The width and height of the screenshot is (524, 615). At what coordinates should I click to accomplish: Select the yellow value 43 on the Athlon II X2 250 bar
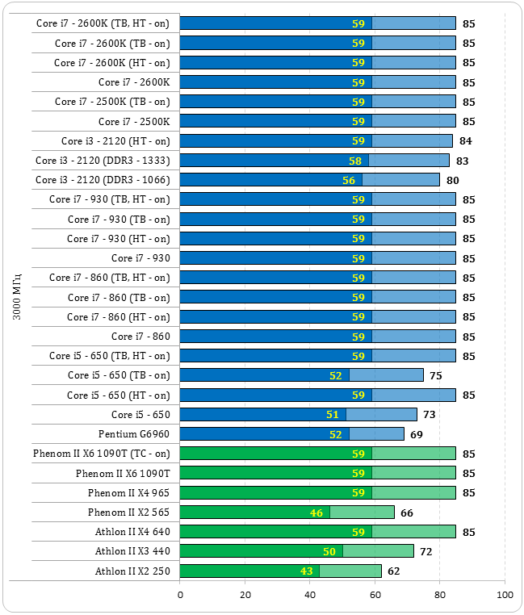[306, 571]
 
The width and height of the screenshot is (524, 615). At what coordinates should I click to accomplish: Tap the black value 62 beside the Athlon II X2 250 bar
[393, 571]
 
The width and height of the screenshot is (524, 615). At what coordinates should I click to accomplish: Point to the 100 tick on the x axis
[505, 596]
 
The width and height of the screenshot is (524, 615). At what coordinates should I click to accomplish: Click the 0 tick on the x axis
[180, 596]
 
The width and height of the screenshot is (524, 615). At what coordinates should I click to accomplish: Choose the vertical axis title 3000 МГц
[17, 296]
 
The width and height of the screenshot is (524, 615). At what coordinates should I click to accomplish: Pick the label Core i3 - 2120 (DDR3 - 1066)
[103, 179]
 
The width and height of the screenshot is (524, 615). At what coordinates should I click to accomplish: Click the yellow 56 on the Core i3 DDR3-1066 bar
[349, 180]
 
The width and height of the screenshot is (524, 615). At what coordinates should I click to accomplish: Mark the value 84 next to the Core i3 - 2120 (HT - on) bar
[465, 141]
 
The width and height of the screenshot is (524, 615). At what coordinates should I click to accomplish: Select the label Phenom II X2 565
[129, 512]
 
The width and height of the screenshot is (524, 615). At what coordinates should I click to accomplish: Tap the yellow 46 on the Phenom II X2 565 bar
[316, 512]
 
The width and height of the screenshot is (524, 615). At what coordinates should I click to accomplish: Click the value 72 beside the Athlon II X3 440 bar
[425, 552]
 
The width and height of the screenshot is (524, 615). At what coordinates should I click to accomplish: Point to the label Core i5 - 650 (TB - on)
[119, 375]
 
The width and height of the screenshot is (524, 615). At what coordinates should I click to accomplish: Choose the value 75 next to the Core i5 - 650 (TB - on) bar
[435, 376]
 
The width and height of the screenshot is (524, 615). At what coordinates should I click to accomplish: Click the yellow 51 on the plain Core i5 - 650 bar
[333, 415]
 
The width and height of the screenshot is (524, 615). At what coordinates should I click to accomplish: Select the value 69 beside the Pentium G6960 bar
[416, 435]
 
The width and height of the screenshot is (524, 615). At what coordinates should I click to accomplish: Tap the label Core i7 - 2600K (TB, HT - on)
[103, 23]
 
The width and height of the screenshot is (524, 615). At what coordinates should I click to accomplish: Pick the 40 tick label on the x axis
[310, 596]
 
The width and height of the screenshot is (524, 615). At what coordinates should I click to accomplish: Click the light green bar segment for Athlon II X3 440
[378, 551]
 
